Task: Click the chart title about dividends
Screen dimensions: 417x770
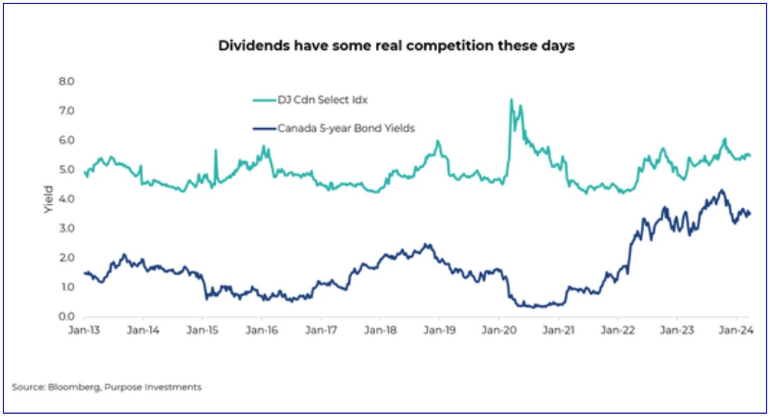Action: (x=396, y=46)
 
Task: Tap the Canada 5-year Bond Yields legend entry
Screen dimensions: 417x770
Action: (x=346, y=128)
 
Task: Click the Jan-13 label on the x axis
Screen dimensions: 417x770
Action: (x=84, y=330)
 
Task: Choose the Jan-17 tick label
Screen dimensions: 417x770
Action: (x=321, y=330)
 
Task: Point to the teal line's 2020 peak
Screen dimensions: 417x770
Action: (x=511, y=100)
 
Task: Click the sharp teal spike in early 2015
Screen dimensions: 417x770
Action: (x=216, y=150)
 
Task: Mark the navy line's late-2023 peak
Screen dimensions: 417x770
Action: (x=721, y=190)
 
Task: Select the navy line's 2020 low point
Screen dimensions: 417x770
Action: (x=536, y=306)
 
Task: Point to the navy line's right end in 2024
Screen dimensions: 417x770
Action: (x=749, y=213)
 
